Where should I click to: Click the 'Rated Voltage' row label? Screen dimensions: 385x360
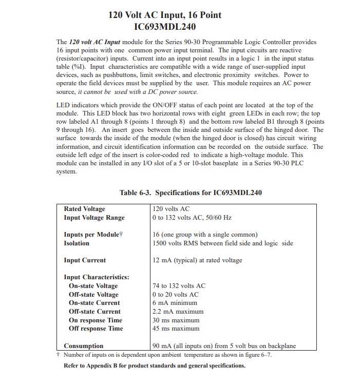84,209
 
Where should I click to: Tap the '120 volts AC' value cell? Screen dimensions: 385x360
171,209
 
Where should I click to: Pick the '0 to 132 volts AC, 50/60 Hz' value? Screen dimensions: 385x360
199,218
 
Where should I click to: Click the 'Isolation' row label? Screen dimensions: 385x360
77,243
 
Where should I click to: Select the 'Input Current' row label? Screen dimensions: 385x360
85,260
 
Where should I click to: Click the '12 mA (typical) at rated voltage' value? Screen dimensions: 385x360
197,260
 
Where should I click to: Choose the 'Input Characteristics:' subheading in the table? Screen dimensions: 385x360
97,277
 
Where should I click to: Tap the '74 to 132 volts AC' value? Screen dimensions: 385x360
179,286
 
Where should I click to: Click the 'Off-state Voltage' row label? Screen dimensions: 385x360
93,295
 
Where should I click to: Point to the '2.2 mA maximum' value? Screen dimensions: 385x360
178,312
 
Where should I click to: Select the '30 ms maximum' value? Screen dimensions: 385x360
176,320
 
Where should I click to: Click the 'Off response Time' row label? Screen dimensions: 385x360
96,329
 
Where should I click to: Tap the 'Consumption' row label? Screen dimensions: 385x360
83,346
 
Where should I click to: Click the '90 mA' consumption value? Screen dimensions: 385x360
161,346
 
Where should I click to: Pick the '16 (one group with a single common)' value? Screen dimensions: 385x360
205,235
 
